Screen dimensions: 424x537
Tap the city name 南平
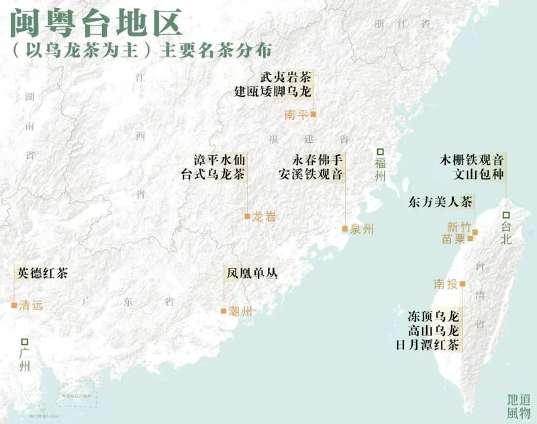296,115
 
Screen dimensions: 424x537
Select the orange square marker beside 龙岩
247,216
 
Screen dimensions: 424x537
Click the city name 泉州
361,229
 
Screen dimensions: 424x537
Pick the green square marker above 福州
380,152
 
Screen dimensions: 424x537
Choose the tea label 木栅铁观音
471,161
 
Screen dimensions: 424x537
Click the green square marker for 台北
506,215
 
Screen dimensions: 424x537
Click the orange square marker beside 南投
462,284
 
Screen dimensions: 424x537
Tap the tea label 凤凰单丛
251,274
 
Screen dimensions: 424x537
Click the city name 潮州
240,311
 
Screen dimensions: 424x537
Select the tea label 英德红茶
43,273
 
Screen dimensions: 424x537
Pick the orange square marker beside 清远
13,305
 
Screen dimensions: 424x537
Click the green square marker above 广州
25,341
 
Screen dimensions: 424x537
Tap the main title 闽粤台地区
95,23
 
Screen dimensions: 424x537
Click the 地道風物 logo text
518,405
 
